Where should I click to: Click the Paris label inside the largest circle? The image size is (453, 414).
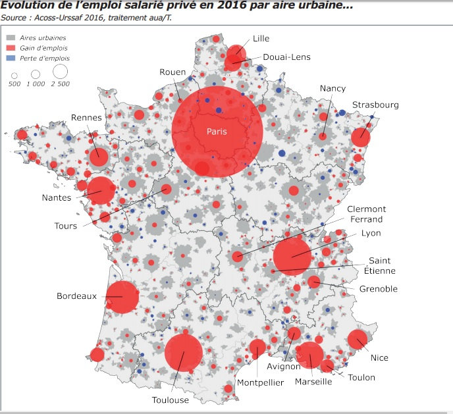point(217,132)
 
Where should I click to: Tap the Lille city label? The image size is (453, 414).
point(261,39)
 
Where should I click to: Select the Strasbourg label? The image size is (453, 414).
point(375,105)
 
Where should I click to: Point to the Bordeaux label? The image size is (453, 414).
point(76,296)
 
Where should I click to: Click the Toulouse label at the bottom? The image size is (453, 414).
point(170,400)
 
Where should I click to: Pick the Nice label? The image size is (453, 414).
point(379,358)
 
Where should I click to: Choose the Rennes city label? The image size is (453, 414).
point(86,118)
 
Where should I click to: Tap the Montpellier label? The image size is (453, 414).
point(261,382)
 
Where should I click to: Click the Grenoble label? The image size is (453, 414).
point(378,289)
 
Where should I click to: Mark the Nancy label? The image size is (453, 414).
point(333,88)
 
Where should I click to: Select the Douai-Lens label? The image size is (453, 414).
point(286,57)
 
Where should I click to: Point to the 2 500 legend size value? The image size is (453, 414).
point(61,84)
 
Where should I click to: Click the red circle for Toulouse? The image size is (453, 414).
point(183,353)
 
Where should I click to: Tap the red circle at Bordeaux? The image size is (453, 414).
point(122,298)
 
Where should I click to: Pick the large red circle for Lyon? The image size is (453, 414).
point(292,257)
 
